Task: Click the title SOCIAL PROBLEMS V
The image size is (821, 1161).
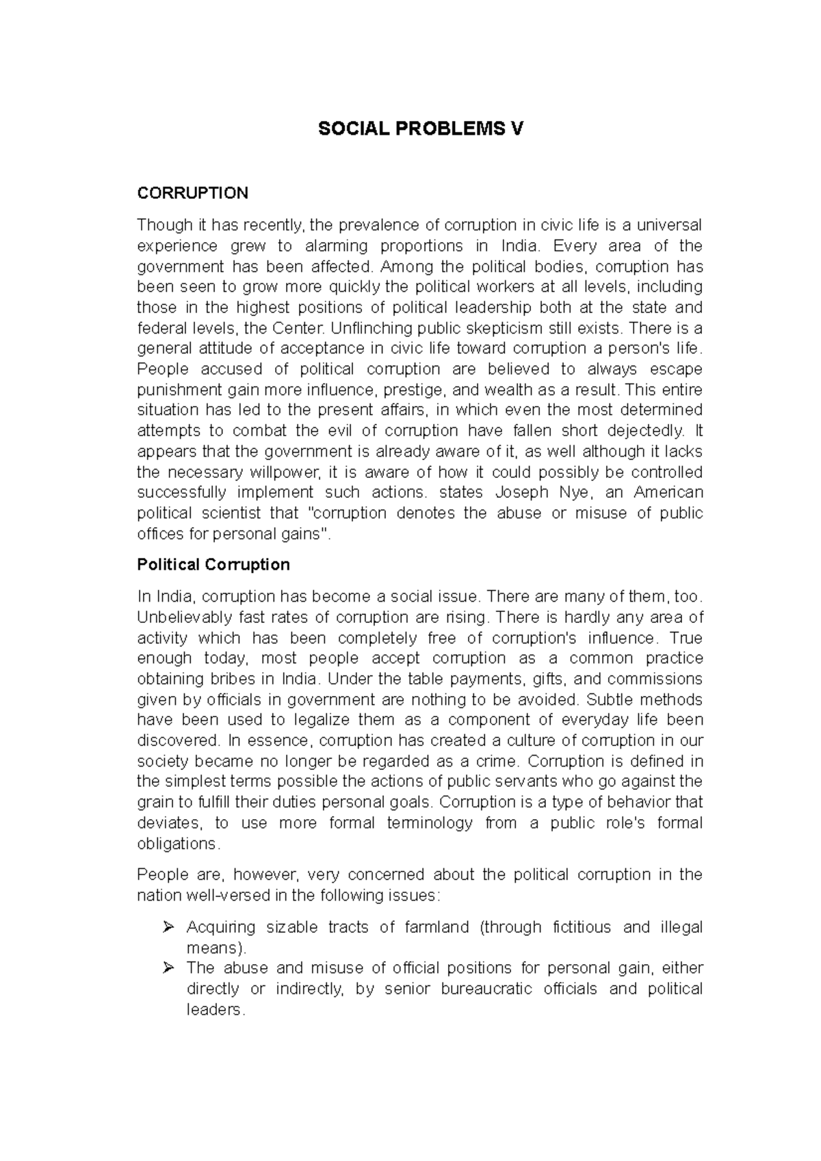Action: pyautogui.click(x=420, y=129)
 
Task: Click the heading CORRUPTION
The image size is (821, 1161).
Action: pyautogui.click(x=192, y=193)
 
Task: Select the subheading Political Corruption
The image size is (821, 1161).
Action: pyautogui.click(x=213, y=565)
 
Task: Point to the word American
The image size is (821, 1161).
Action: pyautogui.click(x=668, y=492)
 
